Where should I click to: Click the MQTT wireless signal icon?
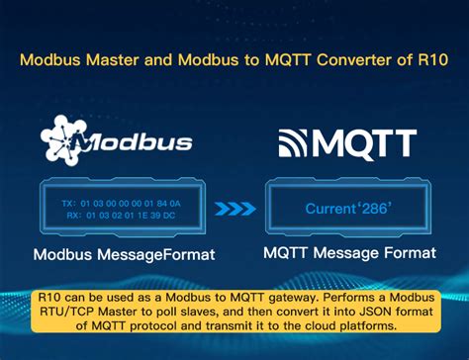[x=293, y=144]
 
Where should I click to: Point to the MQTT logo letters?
[x=363, y=144]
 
